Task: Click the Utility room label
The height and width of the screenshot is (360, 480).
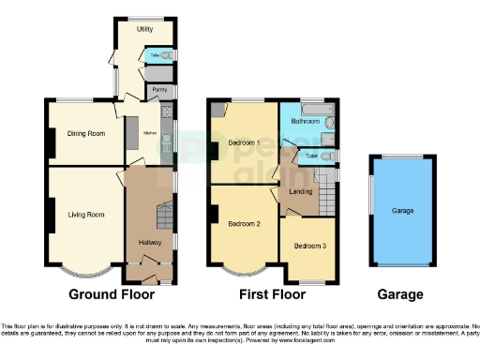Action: click(144, 30)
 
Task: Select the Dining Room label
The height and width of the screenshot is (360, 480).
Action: click(83, 132)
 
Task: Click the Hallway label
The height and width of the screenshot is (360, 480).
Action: click(150, 243)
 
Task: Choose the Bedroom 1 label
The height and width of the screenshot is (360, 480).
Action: click(244, 142)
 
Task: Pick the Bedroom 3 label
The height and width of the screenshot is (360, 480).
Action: click(310, 246)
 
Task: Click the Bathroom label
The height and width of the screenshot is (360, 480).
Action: click(305, 121)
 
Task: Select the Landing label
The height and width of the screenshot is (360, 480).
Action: click(301, 192)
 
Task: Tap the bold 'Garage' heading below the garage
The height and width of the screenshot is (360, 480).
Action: click(400, 294)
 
